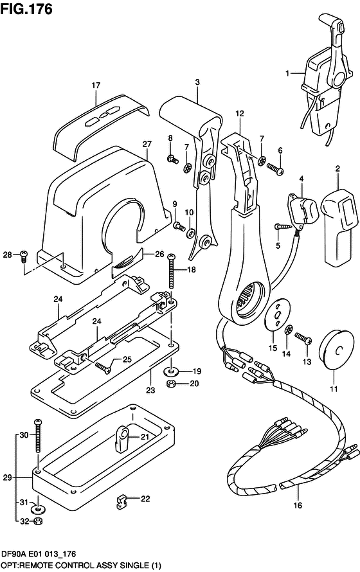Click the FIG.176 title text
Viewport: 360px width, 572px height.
pyautogui.click(x=26, y=9)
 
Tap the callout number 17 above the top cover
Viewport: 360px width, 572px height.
pyautogui.click(x=96, y=85)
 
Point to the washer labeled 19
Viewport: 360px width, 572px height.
pyautogui.click(x=171, y=371)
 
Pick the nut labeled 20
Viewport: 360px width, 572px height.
pyautogui.click(x=170, y=384)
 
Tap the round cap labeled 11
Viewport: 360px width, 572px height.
pyautogui.click(x=336, y=350)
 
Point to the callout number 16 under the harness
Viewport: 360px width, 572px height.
pyautogui.click(x=298, y=505)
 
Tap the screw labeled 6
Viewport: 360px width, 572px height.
pyautogui.click(x=275, y=168)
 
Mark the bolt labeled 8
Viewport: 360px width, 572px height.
pyautogui.click(x=172, y=159)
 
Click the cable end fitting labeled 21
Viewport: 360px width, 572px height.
pyautogui.click(x=122, y=438)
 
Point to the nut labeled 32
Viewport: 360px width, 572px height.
pyautogui.click(x=37, y=522)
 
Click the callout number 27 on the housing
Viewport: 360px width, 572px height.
pyautogui.click(x=147, y=144)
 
